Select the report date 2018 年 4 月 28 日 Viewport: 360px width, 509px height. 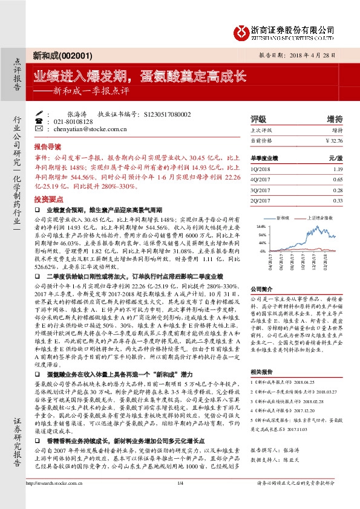[309, 54]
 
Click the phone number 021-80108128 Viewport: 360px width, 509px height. [71, 121]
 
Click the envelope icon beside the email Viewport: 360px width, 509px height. [39, 129]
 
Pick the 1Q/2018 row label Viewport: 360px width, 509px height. [261, 170]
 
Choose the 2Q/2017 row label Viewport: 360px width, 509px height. [261, 200]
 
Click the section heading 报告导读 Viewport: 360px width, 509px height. [47, 147]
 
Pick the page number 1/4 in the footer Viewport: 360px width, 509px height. [180, 483]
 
